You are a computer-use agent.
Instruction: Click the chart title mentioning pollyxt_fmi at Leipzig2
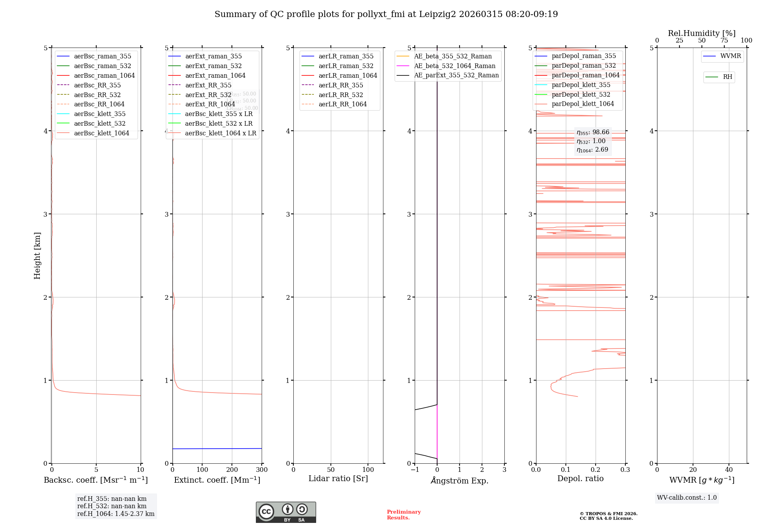(x=386, y=14)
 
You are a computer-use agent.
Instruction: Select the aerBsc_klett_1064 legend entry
(x=101, y=133)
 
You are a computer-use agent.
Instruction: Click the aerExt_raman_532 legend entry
(x=213, y=66)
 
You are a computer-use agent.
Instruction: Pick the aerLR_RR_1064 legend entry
(x=342, y=104)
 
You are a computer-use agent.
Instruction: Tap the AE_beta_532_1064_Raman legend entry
(x=455, y=66)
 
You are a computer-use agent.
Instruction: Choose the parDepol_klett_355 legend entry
(x=581, y=85)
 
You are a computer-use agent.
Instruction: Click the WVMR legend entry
(x=730, y=56)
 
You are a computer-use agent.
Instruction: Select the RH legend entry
(x=727, y=77)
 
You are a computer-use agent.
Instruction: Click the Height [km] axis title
(x=37, y=256)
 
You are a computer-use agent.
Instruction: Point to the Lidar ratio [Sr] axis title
(x=338, y=478)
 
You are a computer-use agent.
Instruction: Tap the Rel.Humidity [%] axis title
(x=701, y=33)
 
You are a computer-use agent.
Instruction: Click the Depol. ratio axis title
(x=580, y=478)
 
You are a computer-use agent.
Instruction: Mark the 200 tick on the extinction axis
(x=232, y=470)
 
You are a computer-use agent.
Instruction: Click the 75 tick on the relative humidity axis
(x=724, y=41)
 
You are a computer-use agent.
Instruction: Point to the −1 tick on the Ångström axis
(x=415, y=470)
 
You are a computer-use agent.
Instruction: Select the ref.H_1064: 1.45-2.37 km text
(x=116, y=514)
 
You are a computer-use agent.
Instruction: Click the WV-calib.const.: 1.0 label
(x=687, y=497)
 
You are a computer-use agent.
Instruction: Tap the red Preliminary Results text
(x=404, y=514)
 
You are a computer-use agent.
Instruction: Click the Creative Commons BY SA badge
(x=286, y=512)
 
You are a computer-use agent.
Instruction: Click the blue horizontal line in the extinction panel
(x=216, y=449)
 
